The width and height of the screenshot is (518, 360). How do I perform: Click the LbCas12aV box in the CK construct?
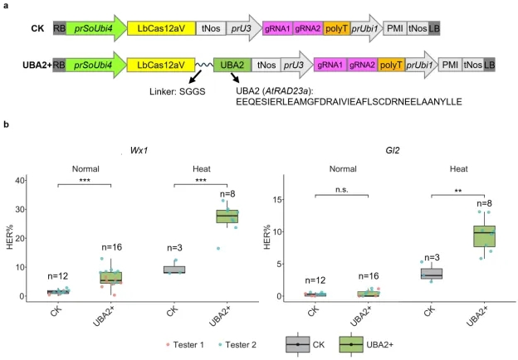click(161, 28)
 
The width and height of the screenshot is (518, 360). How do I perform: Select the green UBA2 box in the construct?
click(232, 65)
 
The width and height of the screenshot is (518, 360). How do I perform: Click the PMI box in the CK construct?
click(395, 28)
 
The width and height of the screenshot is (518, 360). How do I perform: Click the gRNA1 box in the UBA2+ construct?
click(330, 65)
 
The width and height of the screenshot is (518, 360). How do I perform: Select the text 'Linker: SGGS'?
click(178, 91)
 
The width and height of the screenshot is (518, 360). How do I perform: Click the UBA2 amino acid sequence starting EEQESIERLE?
click(349, 102)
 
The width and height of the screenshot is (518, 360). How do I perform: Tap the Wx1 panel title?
click(139, 150)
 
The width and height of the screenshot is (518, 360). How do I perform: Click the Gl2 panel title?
click(393, 150)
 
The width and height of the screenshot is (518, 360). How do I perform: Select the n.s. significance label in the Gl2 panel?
click(342, 190)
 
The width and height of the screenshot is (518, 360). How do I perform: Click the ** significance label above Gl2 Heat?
click(458, 191)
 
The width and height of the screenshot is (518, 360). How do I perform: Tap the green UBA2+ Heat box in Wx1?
click(227, 216)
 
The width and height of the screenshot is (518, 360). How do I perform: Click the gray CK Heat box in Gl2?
click(432, 274)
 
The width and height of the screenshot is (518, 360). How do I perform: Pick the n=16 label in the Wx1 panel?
click(112, 247)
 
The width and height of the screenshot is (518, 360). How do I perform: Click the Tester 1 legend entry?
click(185, 345)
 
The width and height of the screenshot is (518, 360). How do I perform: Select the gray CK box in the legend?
click(298, 344)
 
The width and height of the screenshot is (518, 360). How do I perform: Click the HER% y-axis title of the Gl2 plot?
click(267, 237)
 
